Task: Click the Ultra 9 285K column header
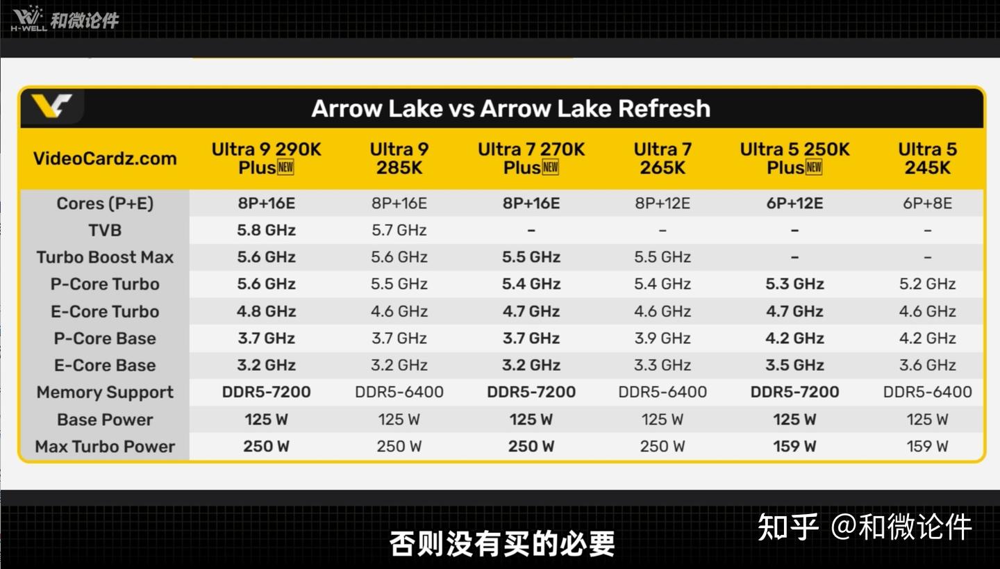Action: (x=399, y=158)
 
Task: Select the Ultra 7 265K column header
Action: (x=662, y=158)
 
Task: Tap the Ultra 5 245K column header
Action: (x=927, y=158)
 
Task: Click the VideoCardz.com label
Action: (x=105, y=158)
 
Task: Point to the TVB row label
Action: (x=105, y=231)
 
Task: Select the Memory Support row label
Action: (x=105, y=392)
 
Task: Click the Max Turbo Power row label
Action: (x=105, y=446)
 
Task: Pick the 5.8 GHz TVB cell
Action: (x=266, y=231)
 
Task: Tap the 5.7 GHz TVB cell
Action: (x=399, y=231)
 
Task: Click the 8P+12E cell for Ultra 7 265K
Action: (x=662, y=204)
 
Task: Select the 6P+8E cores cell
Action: (x=927, y=204)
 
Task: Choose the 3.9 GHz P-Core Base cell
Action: (x=662, y=338)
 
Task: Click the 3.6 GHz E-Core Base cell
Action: (x=927, y=365)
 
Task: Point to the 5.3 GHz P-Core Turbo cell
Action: (x=794, y=284)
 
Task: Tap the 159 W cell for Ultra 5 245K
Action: (x=927, y=446)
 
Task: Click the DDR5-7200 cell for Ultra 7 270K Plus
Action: (x=531, y=392)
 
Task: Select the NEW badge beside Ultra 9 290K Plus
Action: (x=285, y=168)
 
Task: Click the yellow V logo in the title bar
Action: (x=51, y=106)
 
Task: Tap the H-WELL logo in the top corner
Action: (x=28, y=19)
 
